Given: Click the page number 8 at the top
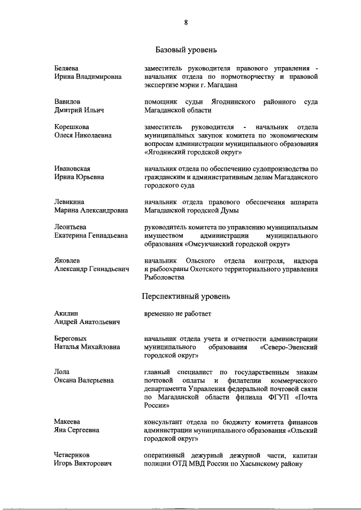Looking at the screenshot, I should (186, 23).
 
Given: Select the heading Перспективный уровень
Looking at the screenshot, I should (185, 295).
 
